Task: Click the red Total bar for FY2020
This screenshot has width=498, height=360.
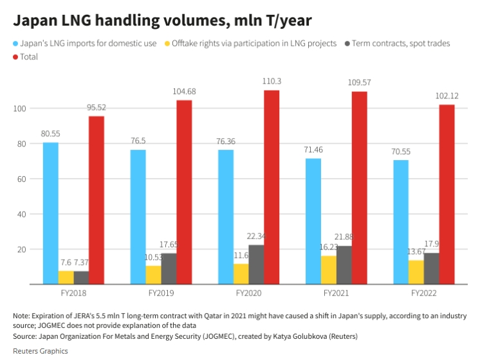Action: [272, 186]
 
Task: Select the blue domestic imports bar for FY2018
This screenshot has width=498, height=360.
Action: [51, 213]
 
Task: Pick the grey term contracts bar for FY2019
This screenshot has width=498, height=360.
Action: [169, 268]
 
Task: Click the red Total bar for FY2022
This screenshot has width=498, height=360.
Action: [447, 194]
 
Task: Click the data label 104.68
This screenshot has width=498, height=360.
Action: [184, 92]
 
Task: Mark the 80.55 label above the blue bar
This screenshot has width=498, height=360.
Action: [51, 134]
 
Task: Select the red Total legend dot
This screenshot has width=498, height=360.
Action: [17, 57]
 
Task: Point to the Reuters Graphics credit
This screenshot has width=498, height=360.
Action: [40, 351]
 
